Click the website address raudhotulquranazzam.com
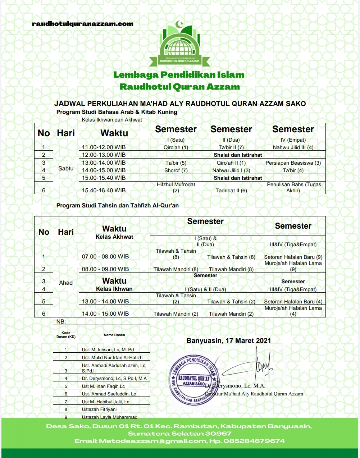pos(83,24)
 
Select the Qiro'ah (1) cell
pos(176,147)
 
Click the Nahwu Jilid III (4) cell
pos(293,147)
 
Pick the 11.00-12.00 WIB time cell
pos(104,147)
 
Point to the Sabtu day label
pos(66,168)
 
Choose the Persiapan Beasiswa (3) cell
pos(293,163)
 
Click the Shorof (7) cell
pos(176,170)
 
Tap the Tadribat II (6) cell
pos(231,191)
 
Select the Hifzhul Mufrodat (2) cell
pos(176,187)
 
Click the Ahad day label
pos(66,283)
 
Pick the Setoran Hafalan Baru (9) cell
pos(293,257)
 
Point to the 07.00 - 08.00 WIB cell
pos(105,257)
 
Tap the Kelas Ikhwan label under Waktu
pos(114,289)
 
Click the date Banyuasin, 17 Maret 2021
pos(229,340)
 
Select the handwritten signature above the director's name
pos(259,363)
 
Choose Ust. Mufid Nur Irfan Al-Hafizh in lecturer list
pos(112,357)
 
